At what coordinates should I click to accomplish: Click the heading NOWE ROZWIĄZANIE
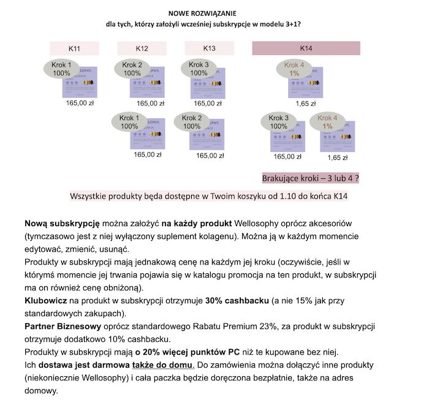pos(202,13)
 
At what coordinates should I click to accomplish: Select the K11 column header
pos(75,48)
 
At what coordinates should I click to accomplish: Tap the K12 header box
pos(142,48)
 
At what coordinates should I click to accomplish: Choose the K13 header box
pos(209,48)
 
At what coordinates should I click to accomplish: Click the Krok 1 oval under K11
pos(62,69)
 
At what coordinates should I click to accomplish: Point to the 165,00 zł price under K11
pos(80,104)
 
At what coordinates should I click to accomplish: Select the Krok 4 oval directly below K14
pos(295,69)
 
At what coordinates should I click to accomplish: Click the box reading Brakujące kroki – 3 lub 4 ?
pos(310,178)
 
